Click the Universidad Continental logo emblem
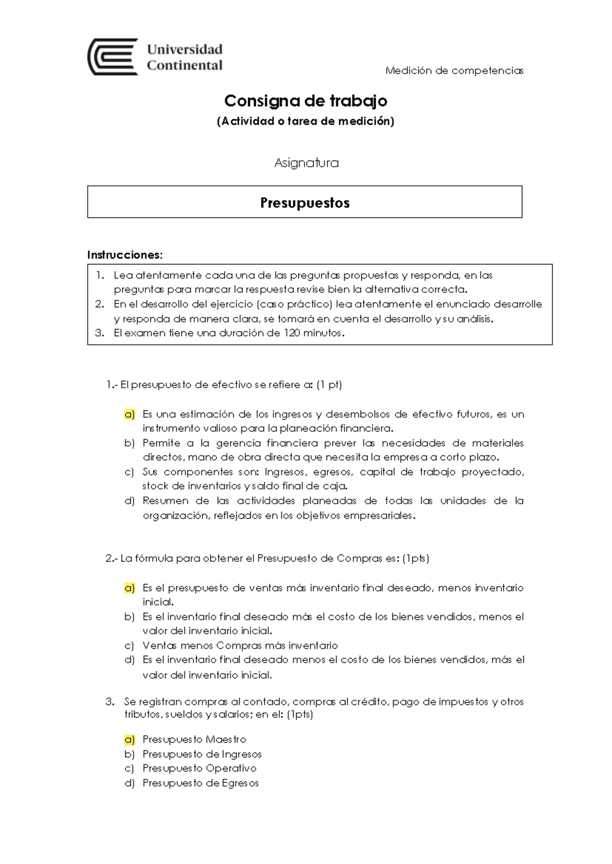(113, 57)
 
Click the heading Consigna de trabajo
(305, 101)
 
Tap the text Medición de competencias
(454, 71)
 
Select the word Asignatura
(306, 163)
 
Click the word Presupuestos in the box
(305, 203)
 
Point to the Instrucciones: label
(125, 255)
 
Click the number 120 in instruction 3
(292, 333)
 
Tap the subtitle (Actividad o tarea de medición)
(305, 121)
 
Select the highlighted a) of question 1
(130, 414)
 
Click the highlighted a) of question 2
(130, 588)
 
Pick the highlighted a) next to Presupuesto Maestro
(130, 739)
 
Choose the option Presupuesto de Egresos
(200, 783)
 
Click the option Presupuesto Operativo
(199, 768)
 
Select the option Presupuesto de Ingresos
(202, 754)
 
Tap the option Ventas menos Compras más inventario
(240, 645)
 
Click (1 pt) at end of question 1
(329, 385)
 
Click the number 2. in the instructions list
(99, 304)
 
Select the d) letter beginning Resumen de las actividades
(130, 501)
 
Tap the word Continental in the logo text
(185, 65)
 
